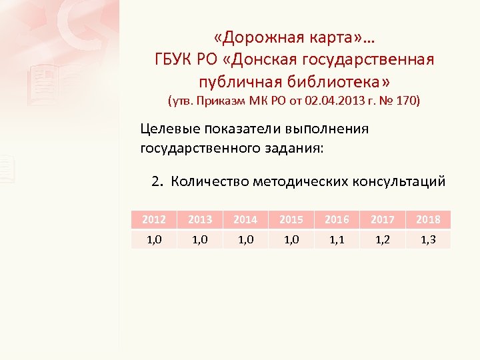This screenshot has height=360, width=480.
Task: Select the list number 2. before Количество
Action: (157, 181)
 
